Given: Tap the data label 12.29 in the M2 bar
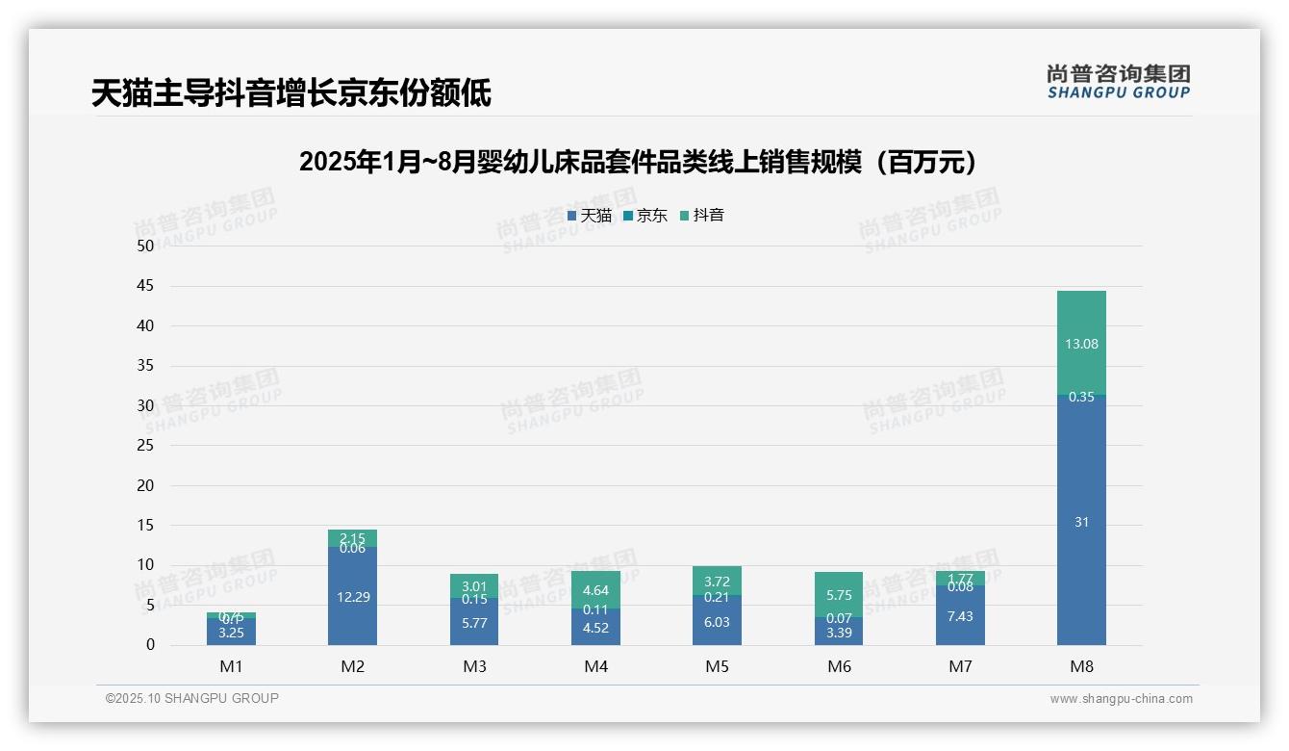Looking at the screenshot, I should [x=353, y=597].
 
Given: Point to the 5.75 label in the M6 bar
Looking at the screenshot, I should [x=839, y=595].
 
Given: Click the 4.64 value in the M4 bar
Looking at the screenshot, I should [x=595, y=591].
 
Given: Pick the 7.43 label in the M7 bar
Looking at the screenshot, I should [x=960, y=616].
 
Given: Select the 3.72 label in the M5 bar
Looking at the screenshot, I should [x=718, y=582].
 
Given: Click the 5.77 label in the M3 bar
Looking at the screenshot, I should [x=474, y=623].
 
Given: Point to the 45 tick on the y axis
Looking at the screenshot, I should [x=145, y=286].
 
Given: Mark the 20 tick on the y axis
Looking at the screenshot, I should [x=145, y=485].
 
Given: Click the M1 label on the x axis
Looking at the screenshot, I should [x=231, y=666].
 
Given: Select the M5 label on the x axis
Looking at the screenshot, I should [x=718, y=666].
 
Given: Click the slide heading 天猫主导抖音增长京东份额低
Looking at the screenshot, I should [x=291, y=93].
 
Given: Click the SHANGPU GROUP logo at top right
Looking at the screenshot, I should [x=1118, y=82].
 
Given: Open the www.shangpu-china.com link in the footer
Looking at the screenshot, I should [x=1121, y=699].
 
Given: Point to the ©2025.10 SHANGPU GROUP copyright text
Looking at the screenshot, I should [x=192, y=698].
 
